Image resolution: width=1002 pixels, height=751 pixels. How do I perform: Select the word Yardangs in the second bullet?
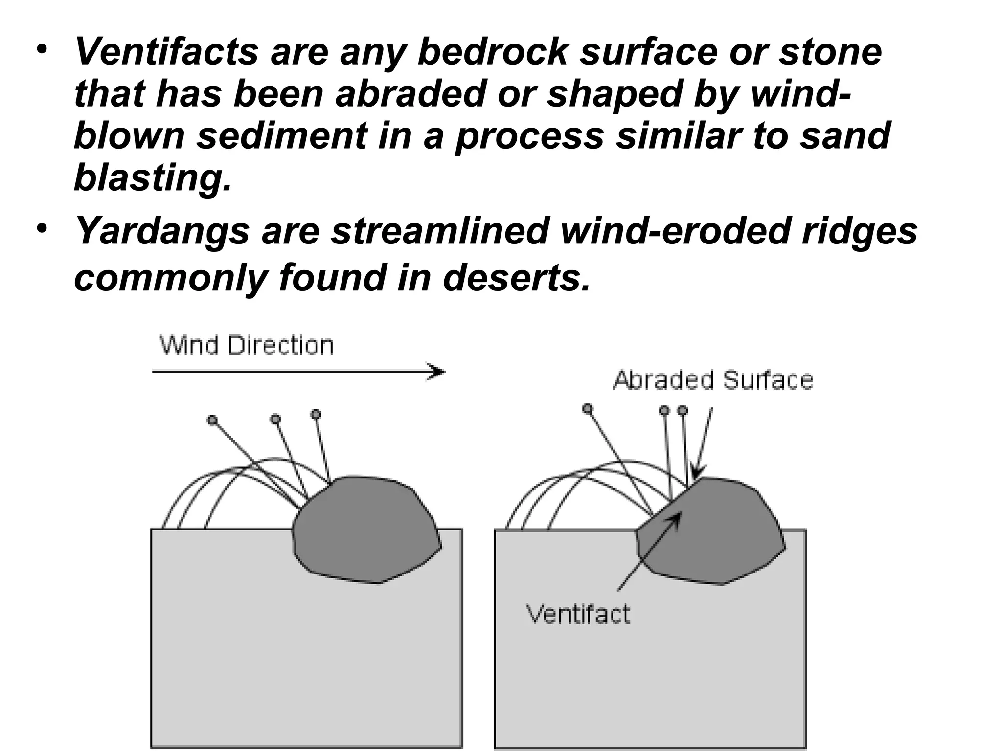coord(162,231)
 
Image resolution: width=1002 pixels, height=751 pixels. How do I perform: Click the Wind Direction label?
coord(247,346)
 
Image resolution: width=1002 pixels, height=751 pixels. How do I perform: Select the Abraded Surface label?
coord(713,380)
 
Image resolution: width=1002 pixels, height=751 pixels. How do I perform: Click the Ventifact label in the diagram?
coord(578,614)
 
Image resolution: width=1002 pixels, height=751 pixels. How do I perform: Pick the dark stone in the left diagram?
coord(367,530)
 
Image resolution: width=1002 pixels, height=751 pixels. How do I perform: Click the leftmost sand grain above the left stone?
coord(212,420)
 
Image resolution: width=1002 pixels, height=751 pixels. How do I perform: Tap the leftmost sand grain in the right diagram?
coord(588,408)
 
